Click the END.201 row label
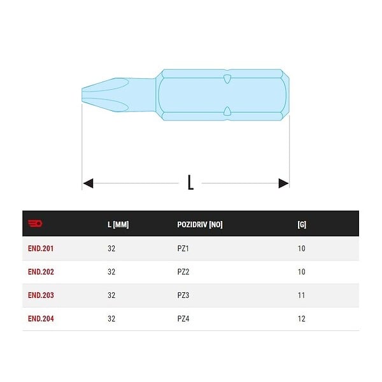41,248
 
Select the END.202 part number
41,272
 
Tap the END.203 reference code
41,295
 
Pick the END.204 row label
41,319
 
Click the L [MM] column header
118,224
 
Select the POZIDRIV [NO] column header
200,224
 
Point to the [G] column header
302,224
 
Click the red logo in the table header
35,223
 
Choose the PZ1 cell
183,248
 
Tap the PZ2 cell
183,272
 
